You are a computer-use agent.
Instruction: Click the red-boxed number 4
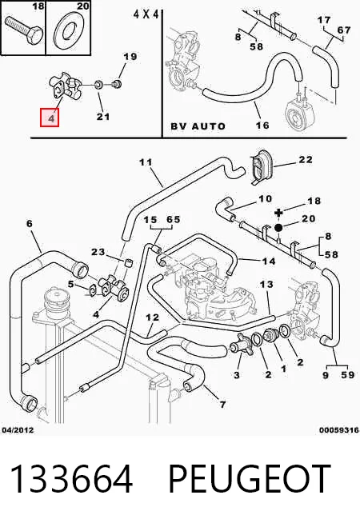[50, 118]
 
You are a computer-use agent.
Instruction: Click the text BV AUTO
[198, 126]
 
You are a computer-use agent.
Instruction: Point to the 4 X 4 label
[146, 14]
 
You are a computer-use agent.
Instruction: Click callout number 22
[306, 160]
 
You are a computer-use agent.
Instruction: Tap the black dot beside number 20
[278, 227]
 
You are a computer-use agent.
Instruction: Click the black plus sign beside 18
[278, 213]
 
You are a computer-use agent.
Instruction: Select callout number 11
[146, 162]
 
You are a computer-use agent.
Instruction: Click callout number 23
[98, 251]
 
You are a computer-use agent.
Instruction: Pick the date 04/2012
[18, 430]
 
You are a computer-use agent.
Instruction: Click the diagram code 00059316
[339, 430]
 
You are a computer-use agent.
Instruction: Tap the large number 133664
[71, 479]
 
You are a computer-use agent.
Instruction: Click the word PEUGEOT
[249, 479]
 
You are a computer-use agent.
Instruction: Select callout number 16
[262, 126]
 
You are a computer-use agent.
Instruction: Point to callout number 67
[344, 30]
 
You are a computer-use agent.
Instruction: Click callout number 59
[347, 374]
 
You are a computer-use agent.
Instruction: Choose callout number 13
[266, 284]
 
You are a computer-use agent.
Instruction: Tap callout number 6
[30, 223]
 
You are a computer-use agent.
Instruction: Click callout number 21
[103, 117]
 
